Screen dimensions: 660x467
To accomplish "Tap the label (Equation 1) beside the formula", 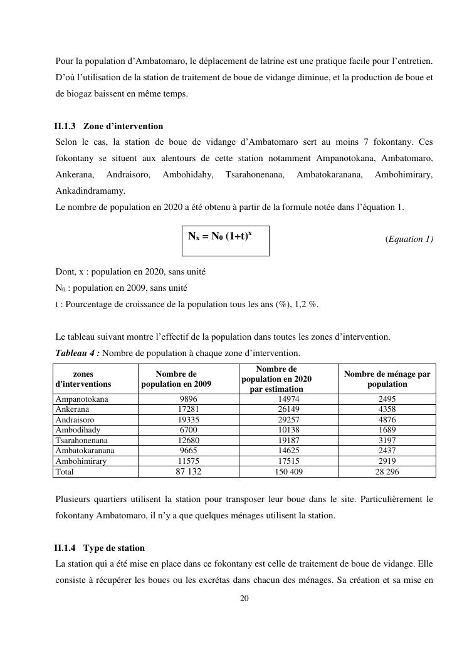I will [x=409, y=239].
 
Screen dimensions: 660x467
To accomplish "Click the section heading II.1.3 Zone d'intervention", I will [x=109, y=126].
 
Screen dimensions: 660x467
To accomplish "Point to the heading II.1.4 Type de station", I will [x=100, y=548].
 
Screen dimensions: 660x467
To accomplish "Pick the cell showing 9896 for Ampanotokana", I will [x=188, y=399].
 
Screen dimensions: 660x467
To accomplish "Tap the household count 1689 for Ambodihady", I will [x=387, y=430].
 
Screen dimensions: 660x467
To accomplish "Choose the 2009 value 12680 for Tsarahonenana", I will [x=188, y=440].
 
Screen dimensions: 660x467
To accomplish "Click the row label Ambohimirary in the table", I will [x=81, y=461].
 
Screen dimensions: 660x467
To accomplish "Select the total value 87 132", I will [x=188, y=471].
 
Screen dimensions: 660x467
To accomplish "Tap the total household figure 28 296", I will [x=387, y=471].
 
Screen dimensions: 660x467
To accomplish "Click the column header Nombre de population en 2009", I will [x=176, y=379].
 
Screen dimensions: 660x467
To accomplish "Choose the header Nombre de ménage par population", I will [x=387, y=379].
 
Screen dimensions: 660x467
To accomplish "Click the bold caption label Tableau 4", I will [x=77, y=353].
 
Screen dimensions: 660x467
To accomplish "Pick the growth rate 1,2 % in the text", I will [x=302, y=305].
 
